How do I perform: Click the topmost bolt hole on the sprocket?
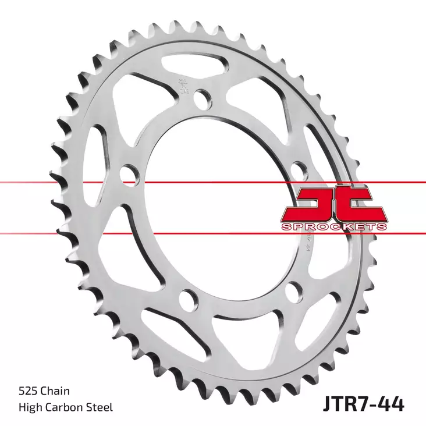(202, 98)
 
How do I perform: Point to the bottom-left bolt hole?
(187, 299)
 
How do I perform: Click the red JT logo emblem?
(333, 204)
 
